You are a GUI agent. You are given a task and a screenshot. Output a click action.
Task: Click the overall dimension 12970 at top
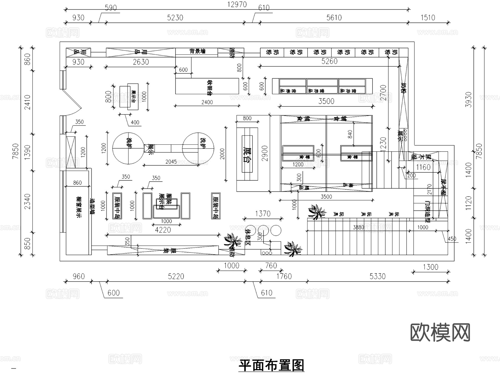coord(237,5)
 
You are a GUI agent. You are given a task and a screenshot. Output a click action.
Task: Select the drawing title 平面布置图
coord(271,365)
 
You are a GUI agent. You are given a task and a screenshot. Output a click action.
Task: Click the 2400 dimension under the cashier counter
coord(207,102)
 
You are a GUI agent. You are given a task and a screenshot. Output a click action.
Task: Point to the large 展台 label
coord(247,154)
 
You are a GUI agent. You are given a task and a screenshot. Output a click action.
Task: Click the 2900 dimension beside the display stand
coord(265,153)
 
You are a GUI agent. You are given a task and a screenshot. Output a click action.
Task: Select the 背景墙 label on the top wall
coord(197,51)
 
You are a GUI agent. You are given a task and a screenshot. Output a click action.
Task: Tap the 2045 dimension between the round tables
coord(171,162)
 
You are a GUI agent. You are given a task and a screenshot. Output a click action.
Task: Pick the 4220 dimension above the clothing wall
coord(163,230)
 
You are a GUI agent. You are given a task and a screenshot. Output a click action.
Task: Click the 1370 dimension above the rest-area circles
coord(262,214)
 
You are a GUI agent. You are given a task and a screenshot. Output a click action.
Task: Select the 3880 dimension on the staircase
coord(358,227)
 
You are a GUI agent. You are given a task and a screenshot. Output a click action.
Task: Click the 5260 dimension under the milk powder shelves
coord(329,61)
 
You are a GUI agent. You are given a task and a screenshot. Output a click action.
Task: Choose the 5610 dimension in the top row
coord(334,18)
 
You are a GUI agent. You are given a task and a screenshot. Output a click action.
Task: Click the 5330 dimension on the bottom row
coord(377,276)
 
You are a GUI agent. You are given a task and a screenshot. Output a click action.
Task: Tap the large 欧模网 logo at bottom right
coord(440,332)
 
